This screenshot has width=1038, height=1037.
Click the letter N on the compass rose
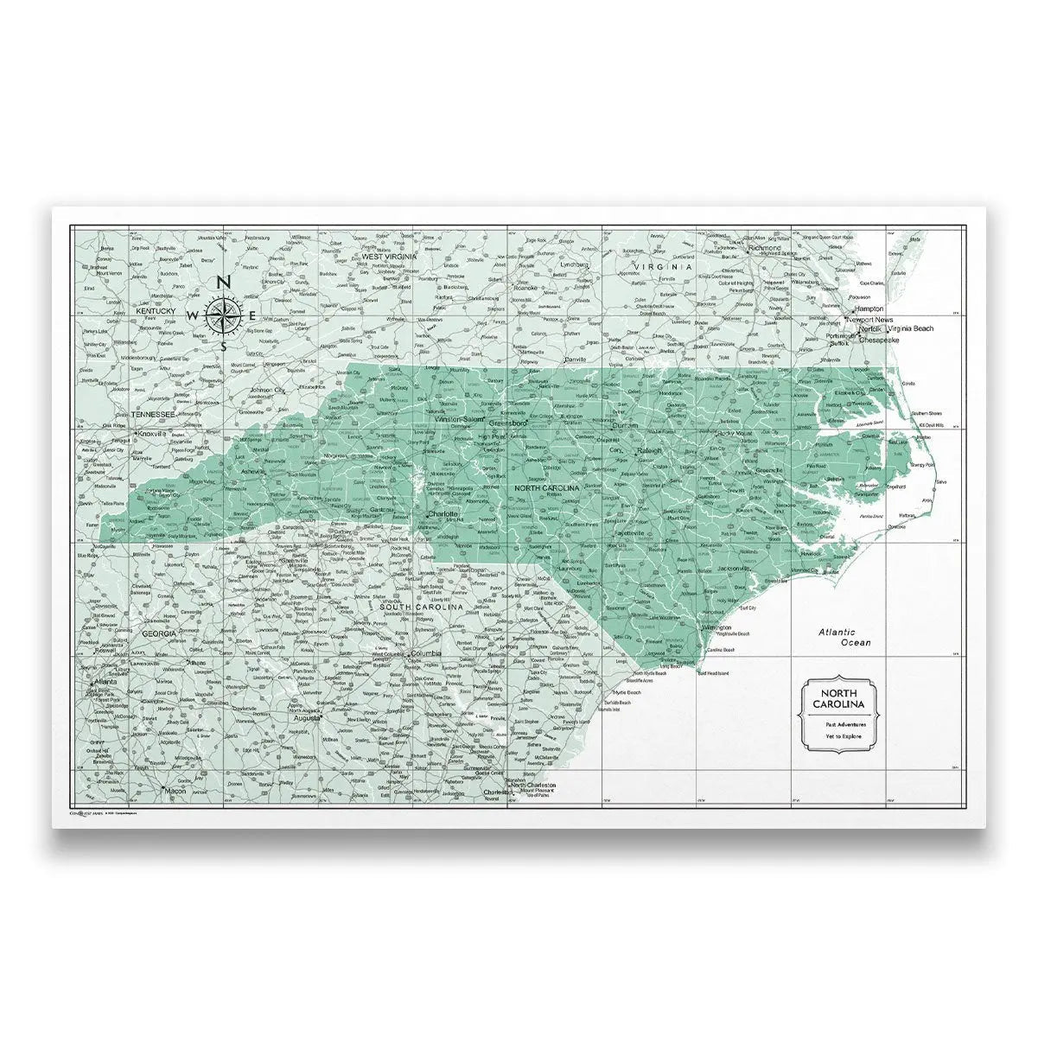222,282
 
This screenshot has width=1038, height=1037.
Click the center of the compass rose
222,315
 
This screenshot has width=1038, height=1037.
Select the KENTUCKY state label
156,310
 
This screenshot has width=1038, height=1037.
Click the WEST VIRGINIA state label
389,257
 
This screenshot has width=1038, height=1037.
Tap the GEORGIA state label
160,633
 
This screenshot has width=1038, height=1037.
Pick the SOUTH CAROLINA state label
423,608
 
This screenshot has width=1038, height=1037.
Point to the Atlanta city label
105,681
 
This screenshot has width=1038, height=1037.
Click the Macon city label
175,791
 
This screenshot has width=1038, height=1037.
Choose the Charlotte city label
442,513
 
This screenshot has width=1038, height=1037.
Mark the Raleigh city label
649,451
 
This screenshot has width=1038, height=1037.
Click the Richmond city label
764,248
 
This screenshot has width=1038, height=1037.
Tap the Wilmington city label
716,627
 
